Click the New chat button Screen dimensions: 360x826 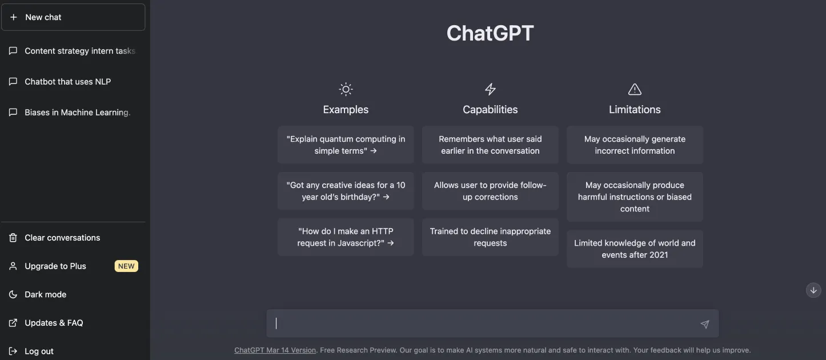coord(73,17)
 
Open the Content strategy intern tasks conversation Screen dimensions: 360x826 coord(79,51)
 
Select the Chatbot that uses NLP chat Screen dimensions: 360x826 coord(67,82)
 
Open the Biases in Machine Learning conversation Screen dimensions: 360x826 coord(77,113)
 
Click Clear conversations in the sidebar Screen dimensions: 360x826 coord(62,238)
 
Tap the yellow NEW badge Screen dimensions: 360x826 coord(126,266)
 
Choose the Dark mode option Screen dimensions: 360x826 coord(45,294)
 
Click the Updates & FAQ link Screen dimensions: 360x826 coord(54,323)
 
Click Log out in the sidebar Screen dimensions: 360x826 coord(39,351)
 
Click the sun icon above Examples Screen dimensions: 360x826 coord(346,89)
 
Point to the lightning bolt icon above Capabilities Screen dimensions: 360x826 coord(490,89)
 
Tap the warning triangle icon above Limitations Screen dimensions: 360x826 coord(635,89)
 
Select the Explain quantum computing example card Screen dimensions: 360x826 coord(346,145)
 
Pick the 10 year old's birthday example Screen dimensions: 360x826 coord(346,191)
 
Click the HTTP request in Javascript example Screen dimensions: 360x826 coord(346,237)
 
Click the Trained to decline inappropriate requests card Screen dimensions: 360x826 coord(490,237)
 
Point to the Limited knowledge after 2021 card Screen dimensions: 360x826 coord(635,249)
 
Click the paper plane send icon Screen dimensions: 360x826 coord(705,324)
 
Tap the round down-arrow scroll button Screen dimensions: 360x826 coord(813,290)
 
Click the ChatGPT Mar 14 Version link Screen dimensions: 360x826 coord(275,350)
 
